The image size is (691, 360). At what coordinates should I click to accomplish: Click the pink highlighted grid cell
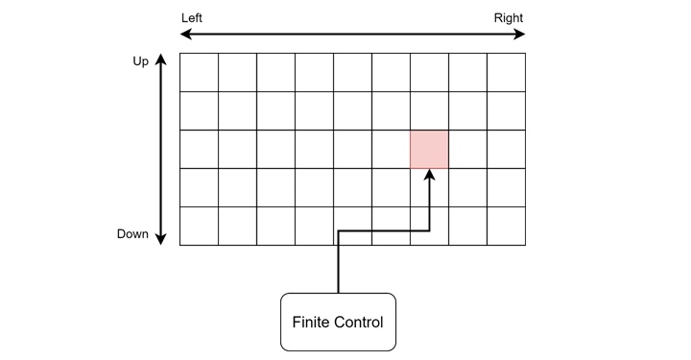(429, 149)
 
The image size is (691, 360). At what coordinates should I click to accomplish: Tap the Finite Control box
(338, 322)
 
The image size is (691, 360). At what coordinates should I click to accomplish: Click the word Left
(192, 18)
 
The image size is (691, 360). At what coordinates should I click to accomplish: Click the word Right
(509, 18)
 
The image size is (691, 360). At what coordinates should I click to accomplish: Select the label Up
(141, 61)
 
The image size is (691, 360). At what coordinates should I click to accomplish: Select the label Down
(132, 234)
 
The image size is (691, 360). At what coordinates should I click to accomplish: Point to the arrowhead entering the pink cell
(429, 174)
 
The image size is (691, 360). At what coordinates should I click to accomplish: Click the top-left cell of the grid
(199, 72)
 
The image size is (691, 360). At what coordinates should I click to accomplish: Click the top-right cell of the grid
(506, 72)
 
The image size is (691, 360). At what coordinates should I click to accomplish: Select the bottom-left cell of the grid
(199, 226)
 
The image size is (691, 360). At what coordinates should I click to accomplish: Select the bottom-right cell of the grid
(506, 226)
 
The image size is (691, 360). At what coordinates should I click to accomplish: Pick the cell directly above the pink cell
(429, 110)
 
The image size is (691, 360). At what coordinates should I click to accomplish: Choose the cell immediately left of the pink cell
(391, 149)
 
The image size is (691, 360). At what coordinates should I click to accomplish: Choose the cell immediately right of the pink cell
(467, 149)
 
